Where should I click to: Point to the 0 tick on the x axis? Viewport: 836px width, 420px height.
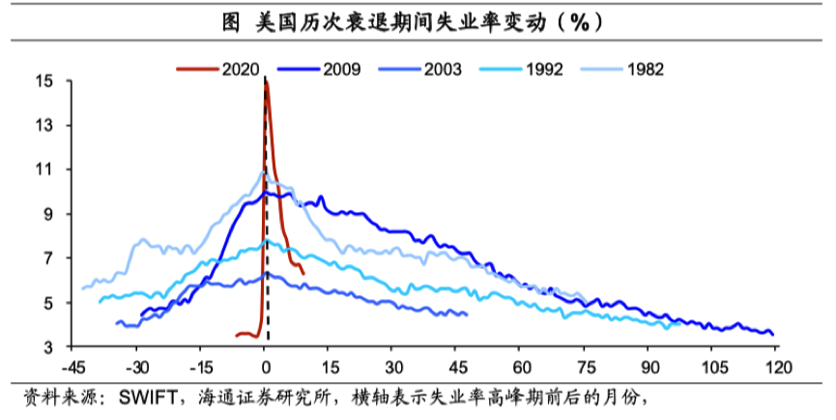[x=266, y=367]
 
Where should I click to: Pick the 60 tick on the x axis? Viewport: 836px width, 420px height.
[x=522, y=367]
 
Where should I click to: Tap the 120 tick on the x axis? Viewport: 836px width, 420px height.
[x=779, y=367]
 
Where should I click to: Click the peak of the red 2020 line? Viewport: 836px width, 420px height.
[x=266, y=84]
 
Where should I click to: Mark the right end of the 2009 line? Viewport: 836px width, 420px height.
[x=773, y=335]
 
